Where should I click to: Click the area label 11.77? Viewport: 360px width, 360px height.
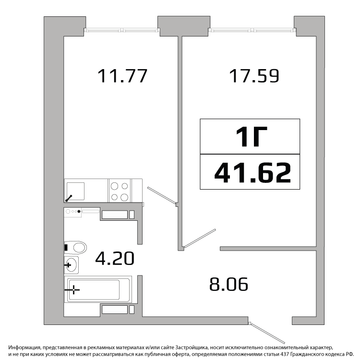point(122,76)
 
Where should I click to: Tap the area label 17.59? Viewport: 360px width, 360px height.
point(254,76)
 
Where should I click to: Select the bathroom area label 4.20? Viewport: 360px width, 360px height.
point(115,258)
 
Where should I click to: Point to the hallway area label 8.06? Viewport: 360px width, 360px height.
point(228,284)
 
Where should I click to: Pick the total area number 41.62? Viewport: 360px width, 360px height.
point(252,172)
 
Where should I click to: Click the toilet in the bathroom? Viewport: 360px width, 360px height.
point(75,248)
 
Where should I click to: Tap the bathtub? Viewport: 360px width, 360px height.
point(98,289)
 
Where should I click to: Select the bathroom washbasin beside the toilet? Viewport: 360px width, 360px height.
point(72,265)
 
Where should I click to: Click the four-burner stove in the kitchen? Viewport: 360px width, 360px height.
point(120,191)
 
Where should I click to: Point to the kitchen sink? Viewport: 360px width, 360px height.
point(75,191)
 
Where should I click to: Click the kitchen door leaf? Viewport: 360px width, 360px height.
point(162,195)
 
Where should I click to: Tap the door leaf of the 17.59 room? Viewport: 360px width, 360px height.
point(200,238)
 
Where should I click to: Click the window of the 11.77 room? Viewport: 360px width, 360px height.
point(122,30)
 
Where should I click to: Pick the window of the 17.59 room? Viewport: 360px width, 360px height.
point(252,30)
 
